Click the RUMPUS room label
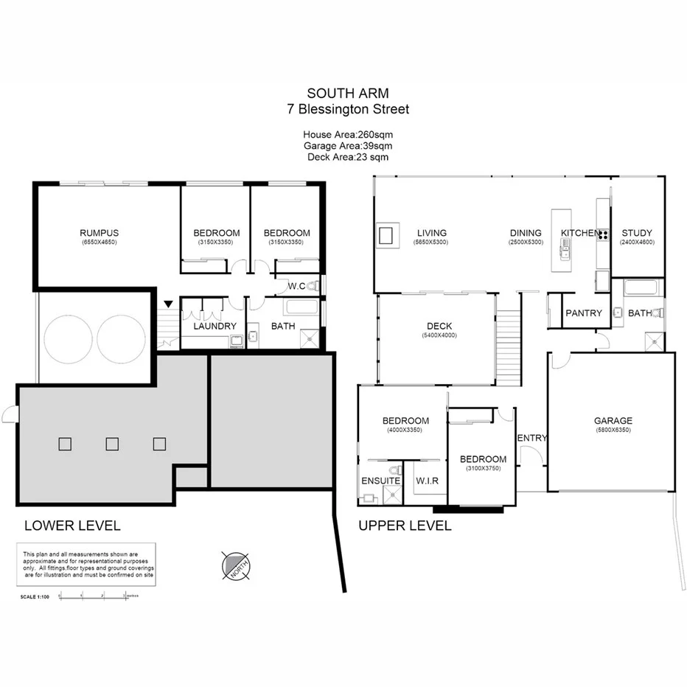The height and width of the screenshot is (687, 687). (100, 233)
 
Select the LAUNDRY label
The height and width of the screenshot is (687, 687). (215, 326)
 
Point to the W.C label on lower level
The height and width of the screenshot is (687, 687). (297, 286)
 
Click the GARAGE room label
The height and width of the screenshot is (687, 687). (613, 421)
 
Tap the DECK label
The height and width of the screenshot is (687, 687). (439, 326)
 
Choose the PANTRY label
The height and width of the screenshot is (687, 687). (584, 313)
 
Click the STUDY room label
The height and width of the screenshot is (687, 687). (636, 233)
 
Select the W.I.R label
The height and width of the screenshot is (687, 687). (427, 481)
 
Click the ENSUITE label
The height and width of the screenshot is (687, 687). (380, 481)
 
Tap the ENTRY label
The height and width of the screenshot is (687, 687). (532, 438)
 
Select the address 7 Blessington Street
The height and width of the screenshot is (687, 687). (347, 109)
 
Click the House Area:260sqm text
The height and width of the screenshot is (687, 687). (347, 135)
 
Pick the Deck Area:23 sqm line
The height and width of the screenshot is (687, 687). (347, 156)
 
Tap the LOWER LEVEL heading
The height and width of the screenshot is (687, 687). (72, 526)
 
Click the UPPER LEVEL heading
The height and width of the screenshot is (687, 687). (404, 526)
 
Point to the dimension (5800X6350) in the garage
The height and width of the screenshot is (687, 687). (613, 430)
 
